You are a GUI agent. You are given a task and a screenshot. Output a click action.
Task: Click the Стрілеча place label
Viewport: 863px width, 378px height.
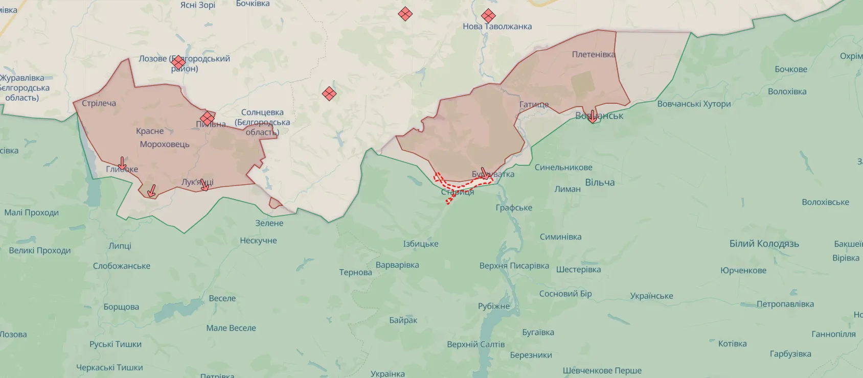tap(99, 103)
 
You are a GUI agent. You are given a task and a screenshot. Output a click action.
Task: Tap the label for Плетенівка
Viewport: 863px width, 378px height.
tap(593, 54)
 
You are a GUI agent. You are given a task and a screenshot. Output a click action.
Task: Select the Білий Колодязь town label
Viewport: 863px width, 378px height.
tap(764, 244)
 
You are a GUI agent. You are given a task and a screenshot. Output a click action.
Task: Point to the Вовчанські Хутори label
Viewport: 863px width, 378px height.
tap(694, 104)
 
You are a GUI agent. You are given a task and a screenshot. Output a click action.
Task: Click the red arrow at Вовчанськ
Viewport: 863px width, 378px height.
tap(593, 117)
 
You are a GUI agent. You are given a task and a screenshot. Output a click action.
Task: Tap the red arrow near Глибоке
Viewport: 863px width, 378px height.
tap(122, 163)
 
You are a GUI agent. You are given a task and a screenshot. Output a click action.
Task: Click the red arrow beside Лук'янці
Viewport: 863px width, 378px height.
tap(205, 185)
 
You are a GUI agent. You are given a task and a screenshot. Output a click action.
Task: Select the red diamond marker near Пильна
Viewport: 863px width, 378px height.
tap(207, 119)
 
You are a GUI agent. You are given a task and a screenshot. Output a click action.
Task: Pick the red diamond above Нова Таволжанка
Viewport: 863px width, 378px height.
tap(488, 16)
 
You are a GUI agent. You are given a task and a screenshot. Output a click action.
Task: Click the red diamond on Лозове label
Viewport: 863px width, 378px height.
tap(178, 62)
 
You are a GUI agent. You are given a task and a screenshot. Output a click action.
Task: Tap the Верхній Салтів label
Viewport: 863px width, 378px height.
tap(475, 344)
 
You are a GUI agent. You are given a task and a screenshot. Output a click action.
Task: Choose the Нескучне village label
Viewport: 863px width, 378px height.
tap(258, 241)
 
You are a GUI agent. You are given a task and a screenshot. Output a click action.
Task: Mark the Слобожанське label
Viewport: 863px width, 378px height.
tap(122, 266)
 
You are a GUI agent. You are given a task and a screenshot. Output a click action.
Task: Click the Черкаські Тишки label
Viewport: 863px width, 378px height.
tap(109, 367)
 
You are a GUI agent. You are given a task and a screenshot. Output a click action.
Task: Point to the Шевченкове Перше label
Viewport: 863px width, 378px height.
tap(602, 370)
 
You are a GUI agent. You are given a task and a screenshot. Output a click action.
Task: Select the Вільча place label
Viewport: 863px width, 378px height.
tap(600, 182)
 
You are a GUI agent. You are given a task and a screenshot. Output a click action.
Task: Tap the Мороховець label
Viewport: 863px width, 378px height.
tap(165, 145)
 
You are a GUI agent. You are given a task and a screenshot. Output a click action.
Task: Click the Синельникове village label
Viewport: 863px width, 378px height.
tap(563, 168)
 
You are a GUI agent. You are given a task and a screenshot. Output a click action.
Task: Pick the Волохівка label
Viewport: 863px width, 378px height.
tap(787, 92)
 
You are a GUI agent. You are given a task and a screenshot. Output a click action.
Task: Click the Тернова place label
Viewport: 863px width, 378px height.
tap(355, 272)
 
